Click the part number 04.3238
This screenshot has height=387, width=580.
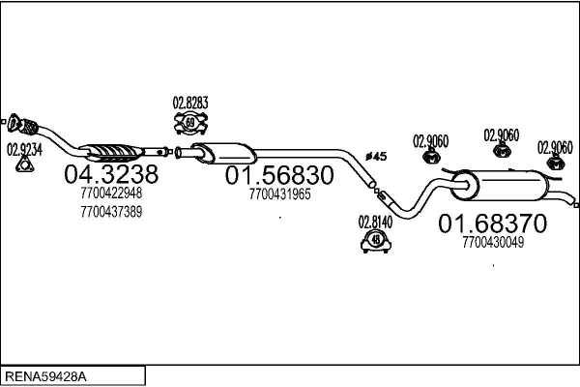click(109, 176)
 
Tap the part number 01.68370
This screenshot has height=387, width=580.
click(493, 223)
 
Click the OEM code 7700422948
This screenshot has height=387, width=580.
click(111, 194)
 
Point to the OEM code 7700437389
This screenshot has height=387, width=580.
click(111, 211)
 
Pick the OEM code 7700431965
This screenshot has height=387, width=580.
click(279, 194)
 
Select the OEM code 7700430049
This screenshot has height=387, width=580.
click(493, 242)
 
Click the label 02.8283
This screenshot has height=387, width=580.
click(190, 103)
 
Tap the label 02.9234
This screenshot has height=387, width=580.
click(25, 149)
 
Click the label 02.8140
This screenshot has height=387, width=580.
click(376, 220)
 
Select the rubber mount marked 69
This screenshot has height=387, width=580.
click(190, 123)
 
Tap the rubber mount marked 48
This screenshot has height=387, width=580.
click(375, 241)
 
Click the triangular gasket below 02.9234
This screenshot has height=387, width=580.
click(25, 168)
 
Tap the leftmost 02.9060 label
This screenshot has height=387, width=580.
click(431, 140)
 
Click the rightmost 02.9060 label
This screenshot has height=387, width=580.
click(555, 146)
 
